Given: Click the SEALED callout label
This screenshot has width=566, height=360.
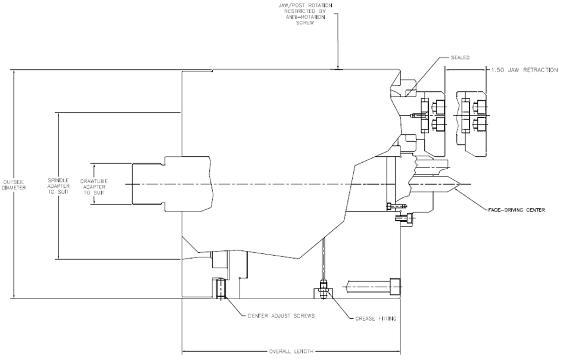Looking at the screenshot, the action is tap(460, 58).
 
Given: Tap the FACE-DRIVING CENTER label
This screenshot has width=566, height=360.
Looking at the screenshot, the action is tap(516, 210).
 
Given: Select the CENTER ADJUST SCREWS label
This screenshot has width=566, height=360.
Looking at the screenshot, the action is tap(281, 316).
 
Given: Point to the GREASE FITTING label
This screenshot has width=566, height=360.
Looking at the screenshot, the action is tap(376, 319).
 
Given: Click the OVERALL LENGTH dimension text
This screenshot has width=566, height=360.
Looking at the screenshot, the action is tap(291, 352).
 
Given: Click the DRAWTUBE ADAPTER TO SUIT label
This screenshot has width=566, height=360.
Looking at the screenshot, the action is tap(94, 187).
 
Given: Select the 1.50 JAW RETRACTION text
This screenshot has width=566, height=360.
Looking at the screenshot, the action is tap(524, 70).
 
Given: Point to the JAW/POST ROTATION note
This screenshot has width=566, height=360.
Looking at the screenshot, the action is tap(305, 14).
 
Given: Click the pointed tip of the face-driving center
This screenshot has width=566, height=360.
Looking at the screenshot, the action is tap(459, 185).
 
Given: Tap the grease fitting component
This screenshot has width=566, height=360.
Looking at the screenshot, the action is tap(324, 289).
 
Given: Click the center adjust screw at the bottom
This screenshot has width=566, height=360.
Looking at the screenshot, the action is tap(219, 288).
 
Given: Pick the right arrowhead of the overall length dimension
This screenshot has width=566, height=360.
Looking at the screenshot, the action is tap(398, 351).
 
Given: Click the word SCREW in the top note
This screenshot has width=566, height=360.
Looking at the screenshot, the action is tap(305, 23).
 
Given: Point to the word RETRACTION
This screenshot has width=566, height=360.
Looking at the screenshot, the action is tap(537, 70).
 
